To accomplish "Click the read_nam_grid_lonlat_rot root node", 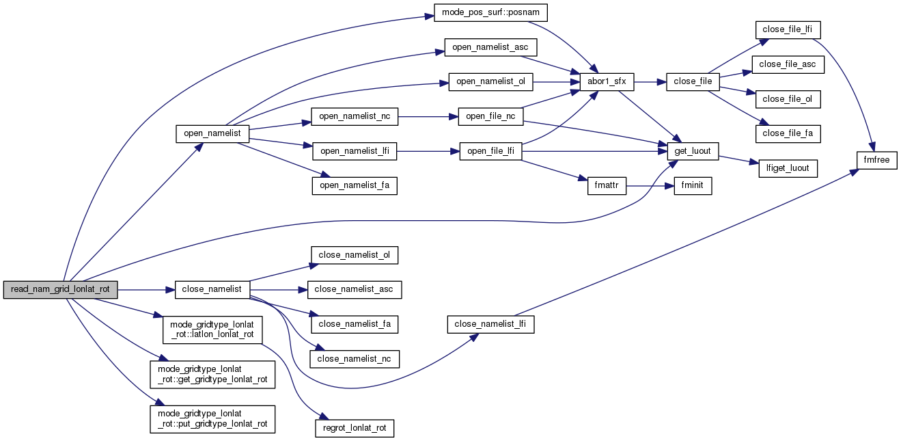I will point(60,290).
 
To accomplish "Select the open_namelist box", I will point(212,133).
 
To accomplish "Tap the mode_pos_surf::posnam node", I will point(490,13).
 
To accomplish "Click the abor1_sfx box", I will point(606,81).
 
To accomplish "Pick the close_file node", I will point(693,81).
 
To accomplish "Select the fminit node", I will point(693,186).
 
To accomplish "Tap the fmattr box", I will point(607,186).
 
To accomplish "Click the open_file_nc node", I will point(490,116).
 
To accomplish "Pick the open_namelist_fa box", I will point(355,185).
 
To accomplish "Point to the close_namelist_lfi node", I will point(490,325).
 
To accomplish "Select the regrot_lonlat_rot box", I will point(355,429).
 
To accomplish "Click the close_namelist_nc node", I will point(355,359).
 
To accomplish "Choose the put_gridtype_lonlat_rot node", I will point(212,418).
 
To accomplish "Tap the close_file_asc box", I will point(788,64).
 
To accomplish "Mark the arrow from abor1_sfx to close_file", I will point(650,81).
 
